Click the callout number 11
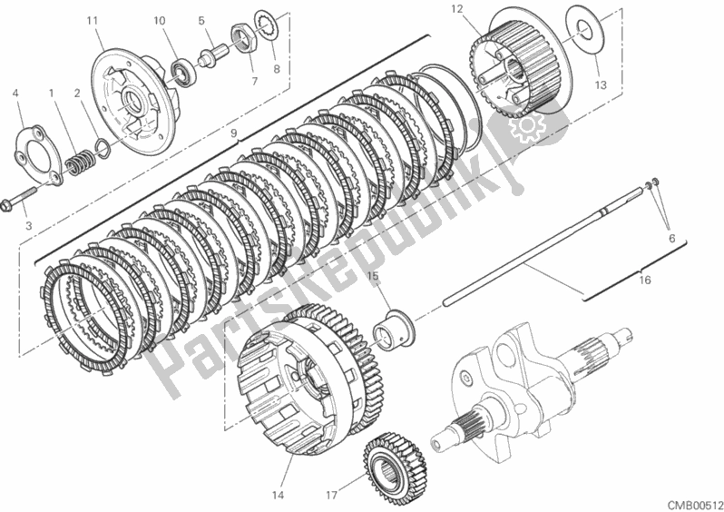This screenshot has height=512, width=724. click(93, 20)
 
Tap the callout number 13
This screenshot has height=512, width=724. click(601, 85)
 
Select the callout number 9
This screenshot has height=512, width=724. click(234, 133)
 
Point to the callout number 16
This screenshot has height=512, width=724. click(645, 280)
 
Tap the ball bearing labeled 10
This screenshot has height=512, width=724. click(184, 70)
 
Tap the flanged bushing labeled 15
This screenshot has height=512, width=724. click(392, 330)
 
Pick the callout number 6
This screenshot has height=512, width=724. click(671, 239)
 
